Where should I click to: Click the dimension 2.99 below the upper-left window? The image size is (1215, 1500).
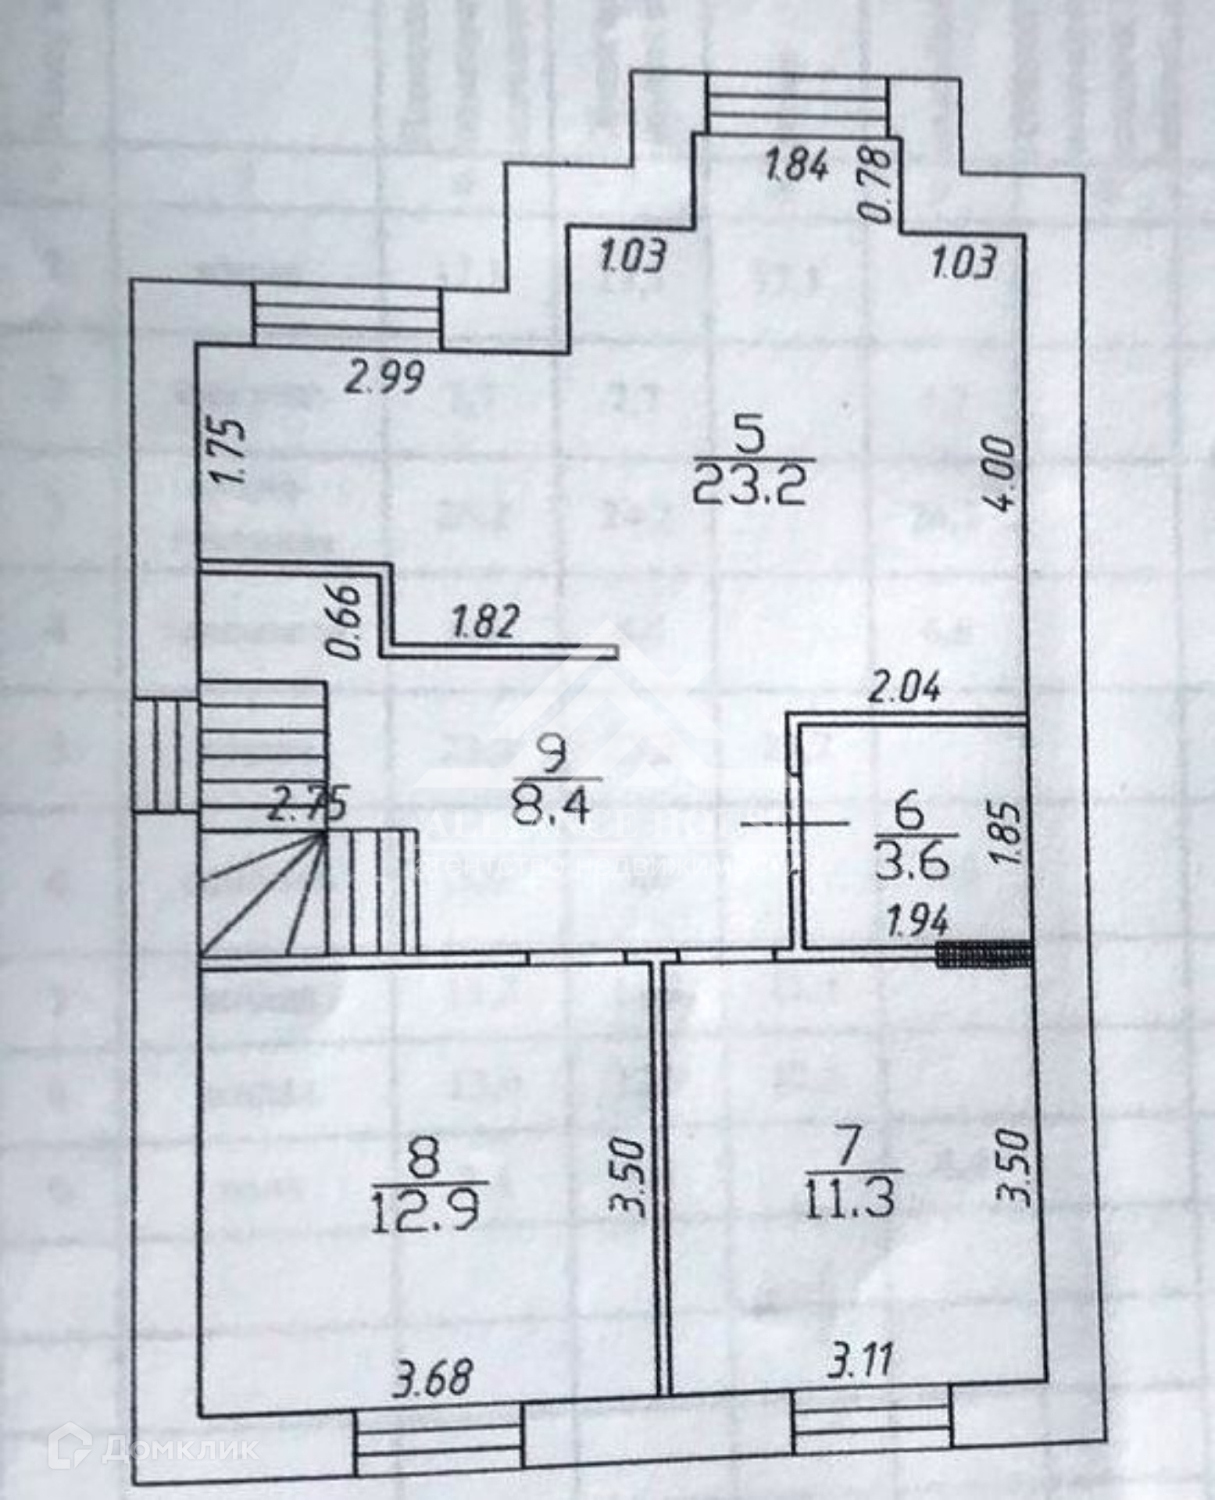386,378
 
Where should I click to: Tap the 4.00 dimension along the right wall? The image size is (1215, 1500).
1002,473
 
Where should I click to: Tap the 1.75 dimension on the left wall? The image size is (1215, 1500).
231,453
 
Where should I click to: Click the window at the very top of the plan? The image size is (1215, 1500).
797,105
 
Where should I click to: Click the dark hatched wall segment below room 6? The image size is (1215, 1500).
985,954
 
